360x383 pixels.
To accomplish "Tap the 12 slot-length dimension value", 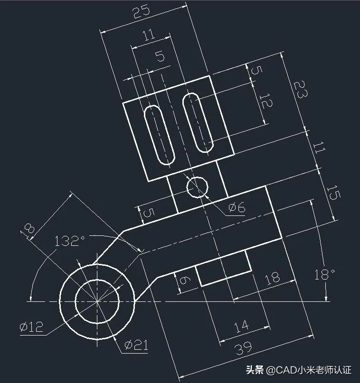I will pos(265,101).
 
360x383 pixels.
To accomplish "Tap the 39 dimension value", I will pos(243,349).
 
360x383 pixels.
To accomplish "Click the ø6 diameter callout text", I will pos(237,207).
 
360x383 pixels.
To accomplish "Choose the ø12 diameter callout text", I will pos(31,326).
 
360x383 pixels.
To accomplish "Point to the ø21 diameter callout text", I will pos(136,346).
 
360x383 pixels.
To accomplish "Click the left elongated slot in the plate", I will pos(160,135).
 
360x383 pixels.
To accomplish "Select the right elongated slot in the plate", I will pos(197,122).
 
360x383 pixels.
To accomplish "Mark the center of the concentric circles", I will pos(97,301).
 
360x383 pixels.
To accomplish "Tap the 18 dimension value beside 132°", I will pos(28,229).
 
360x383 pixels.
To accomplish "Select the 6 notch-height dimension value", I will pos(184,281).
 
